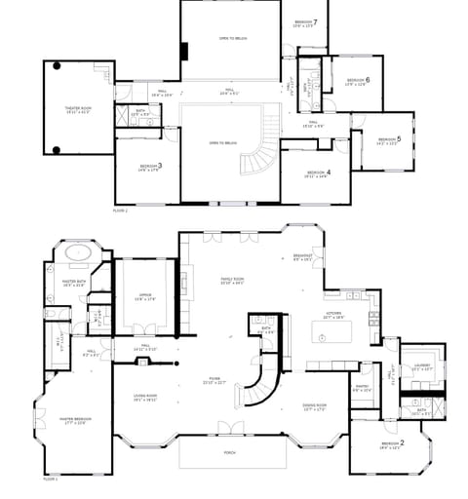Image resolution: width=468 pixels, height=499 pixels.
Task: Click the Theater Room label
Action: (x=79, y=109)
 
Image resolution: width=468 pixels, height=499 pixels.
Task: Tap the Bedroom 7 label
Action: (x=304, y=23)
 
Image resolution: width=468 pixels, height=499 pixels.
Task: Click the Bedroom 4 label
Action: (x=317, y=174)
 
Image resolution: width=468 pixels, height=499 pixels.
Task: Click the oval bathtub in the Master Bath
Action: (x=76, y=254)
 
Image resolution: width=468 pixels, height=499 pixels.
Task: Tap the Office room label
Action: (x=145, y=297)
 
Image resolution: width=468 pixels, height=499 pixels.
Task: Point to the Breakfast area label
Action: (x=302, y=258)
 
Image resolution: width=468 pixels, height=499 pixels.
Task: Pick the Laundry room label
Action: (x=421, y=367)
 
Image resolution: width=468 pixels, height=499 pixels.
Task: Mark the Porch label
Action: (x=230, y=451)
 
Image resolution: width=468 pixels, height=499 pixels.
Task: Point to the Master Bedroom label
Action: (x=73, y=421)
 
